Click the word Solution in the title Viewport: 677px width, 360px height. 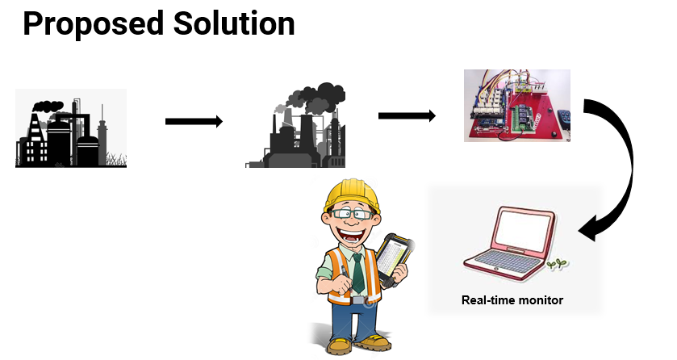point(234,23)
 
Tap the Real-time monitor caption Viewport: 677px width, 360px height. point(512,300)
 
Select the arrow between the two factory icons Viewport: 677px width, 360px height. point(194,121)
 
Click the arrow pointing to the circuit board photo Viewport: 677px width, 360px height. point(407,115)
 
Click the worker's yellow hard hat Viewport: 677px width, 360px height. point(353,195)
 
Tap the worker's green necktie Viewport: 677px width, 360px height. point(357,273)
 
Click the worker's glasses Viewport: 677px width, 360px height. point(352,213)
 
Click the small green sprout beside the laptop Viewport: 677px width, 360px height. point(557,263)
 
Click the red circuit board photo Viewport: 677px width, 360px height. point(516,105)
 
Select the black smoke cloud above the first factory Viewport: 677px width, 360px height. point(48,106)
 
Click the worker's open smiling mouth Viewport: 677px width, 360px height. point(352,236)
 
